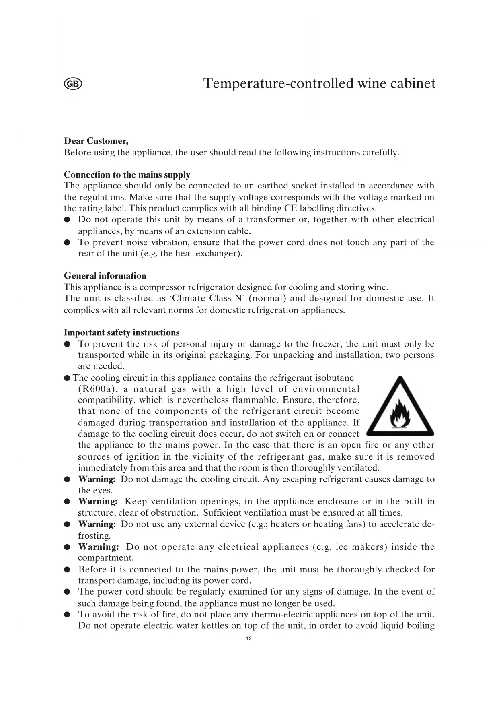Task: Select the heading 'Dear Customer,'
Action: click(x=96, y=141)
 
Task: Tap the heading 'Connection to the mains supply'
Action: click(x=127, y=175)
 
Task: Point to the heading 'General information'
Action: click(x=105, y=276)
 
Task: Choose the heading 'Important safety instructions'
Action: click(x=121, y=332)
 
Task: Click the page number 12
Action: click(x=248, y=639)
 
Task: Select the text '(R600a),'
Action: click(x=97, y=389)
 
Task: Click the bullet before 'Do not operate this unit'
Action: click(x=68, y=220)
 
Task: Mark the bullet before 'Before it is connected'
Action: click(x=68, y=570)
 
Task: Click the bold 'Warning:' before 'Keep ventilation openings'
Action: click(x=98, y=502)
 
